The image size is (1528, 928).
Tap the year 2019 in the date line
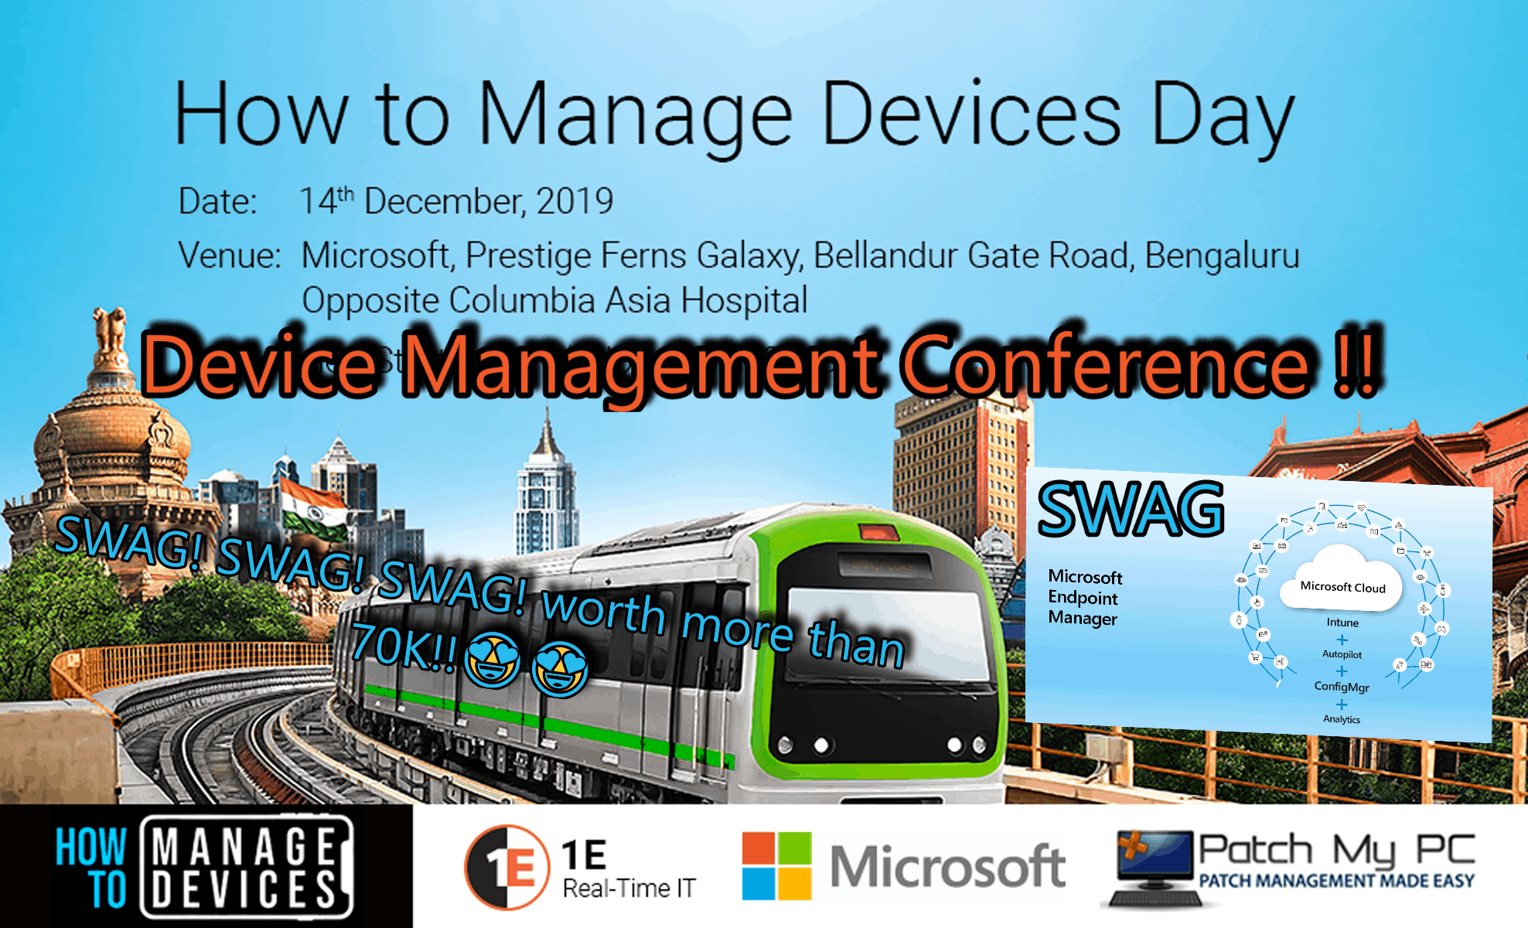coord(575,202)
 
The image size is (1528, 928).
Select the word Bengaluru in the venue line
coord(1221,256)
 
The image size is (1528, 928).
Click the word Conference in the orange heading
coord(1106,364)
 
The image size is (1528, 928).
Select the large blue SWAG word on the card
coord(1131,510)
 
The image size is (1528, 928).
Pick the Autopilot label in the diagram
coord(1342,654)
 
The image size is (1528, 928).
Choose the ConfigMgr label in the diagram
coord(1342,687)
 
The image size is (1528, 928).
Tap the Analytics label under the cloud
coord(1342,719)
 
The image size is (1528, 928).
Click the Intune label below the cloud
coord(1342,623)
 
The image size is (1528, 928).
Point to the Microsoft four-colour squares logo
coord(776,866)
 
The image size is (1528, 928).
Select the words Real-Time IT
coord(629,889)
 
